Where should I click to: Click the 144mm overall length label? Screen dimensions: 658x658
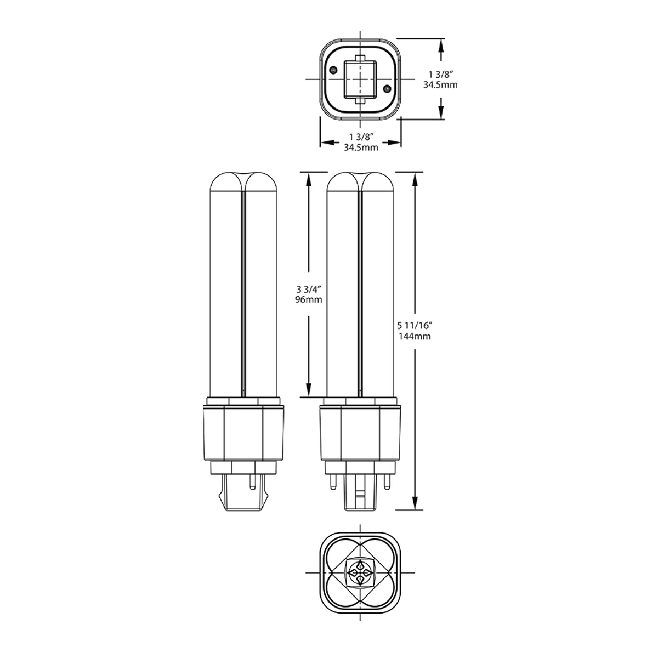[415, 337]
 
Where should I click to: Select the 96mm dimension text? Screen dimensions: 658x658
[308, 299]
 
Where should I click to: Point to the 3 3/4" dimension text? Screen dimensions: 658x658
[309, 289]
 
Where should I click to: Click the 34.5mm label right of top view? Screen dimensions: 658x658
[440, 84]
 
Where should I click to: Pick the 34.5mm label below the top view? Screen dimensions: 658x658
[361, 148]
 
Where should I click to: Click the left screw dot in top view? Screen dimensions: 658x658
[333, 70]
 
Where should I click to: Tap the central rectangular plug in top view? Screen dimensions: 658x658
[360, 79]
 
